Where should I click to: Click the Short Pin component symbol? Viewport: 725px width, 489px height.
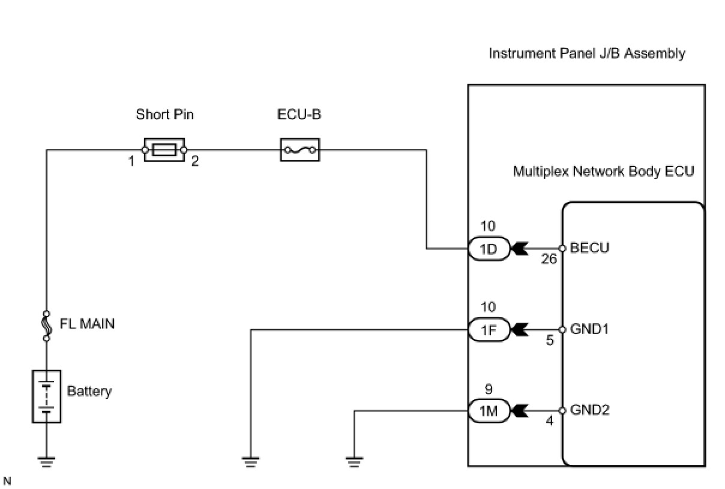(x=164, y=150)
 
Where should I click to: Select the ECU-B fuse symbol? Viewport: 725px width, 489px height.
(x=300, y=150)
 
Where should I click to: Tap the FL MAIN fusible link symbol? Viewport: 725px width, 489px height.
(x=46, y=326)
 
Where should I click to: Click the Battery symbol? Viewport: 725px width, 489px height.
(x=46, y=396)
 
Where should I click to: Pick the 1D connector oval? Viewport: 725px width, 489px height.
(x=489, y=248)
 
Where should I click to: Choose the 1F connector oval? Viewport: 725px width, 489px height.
(x=489, y=330)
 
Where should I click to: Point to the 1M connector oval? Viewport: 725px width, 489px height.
(x=489, y=411)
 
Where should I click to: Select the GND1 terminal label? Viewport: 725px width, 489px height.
(x=590, y=330)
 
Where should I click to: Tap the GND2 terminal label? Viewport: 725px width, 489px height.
(x=590, y=411)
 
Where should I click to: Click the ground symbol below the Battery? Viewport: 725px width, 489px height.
(x=46, y=461)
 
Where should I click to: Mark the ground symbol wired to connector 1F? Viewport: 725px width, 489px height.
(x=251, y=461)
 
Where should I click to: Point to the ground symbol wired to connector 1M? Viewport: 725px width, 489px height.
(x=355, y=461)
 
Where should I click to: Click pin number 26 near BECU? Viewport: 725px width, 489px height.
(x=548, y=260)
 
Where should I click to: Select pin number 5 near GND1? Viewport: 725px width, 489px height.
(x=549, y=341)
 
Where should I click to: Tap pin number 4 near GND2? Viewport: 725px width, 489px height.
(x=549, y=422)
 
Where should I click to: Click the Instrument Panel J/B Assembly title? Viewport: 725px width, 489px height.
(x=586, y=53)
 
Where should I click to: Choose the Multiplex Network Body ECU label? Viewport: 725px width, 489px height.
(x=603, y=171)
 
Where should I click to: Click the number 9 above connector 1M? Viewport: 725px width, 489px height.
(x=489, y=389)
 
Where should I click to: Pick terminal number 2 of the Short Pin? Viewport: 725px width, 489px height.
(x=194, y=162)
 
